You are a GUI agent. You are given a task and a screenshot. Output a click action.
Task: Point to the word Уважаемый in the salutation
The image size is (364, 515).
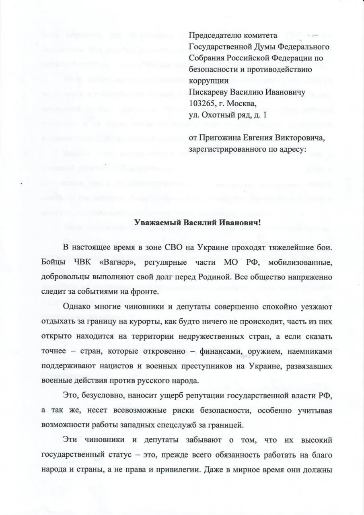click(x=158, y=223)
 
